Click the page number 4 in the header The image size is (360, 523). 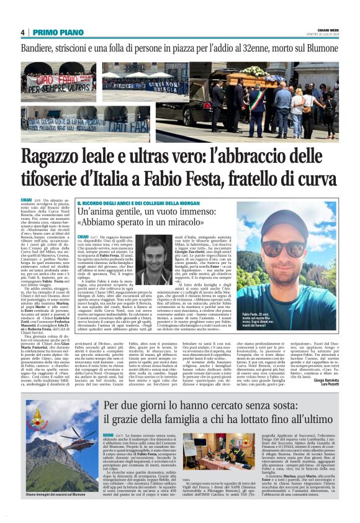[x=22, y=32]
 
